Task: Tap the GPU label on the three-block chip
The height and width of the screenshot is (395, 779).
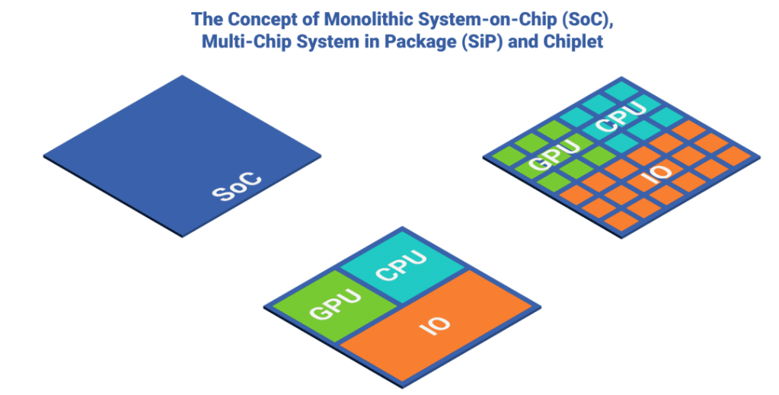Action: pos(333,303)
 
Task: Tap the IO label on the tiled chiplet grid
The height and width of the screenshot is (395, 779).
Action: pos(656,173)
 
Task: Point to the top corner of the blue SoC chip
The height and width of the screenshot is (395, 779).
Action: pos(181,77)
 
